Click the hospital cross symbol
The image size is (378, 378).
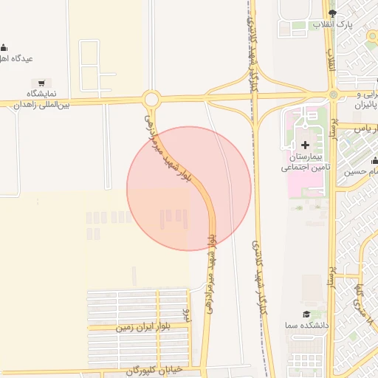(x=306, y=143)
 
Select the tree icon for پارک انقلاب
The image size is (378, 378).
(x=331, y=14)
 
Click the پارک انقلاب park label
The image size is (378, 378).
(x=331, y=25)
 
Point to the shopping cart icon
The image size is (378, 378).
(x=43, y=83)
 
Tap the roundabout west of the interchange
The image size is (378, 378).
(x=151, y=99)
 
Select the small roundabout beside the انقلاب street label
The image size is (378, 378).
(x=334, y=94)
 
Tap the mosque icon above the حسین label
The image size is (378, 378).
(x=374, y=160)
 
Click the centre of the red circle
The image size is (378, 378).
(x=189, y=189)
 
